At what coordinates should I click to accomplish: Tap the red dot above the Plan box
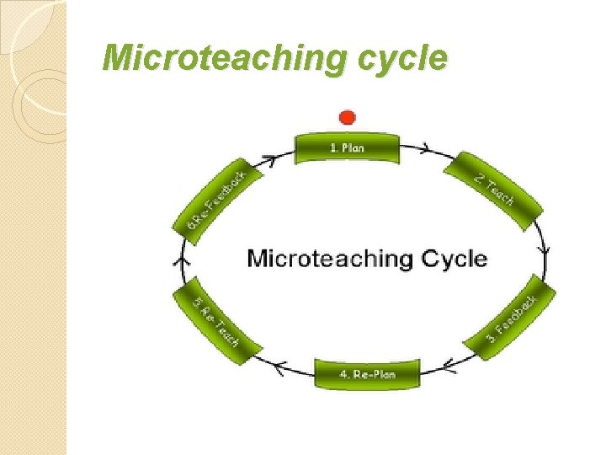(x=347, y=117)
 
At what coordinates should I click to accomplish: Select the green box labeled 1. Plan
(x=347, y=147)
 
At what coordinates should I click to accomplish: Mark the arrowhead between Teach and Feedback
(x=546, y=251)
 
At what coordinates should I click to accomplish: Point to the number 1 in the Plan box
(x=331, y=147)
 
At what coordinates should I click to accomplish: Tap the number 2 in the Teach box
(x=477, y=179)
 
